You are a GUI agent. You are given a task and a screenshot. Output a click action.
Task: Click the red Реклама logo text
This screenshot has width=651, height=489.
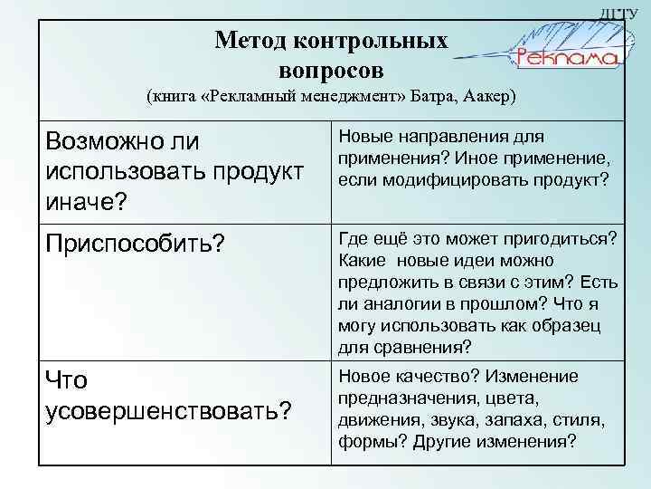pos(567,58)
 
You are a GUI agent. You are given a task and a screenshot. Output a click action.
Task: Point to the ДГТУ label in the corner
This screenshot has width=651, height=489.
pos(631,12)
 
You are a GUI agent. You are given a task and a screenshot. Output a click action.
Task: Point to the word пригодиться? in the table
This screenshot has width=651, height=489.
pos(562,238)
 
